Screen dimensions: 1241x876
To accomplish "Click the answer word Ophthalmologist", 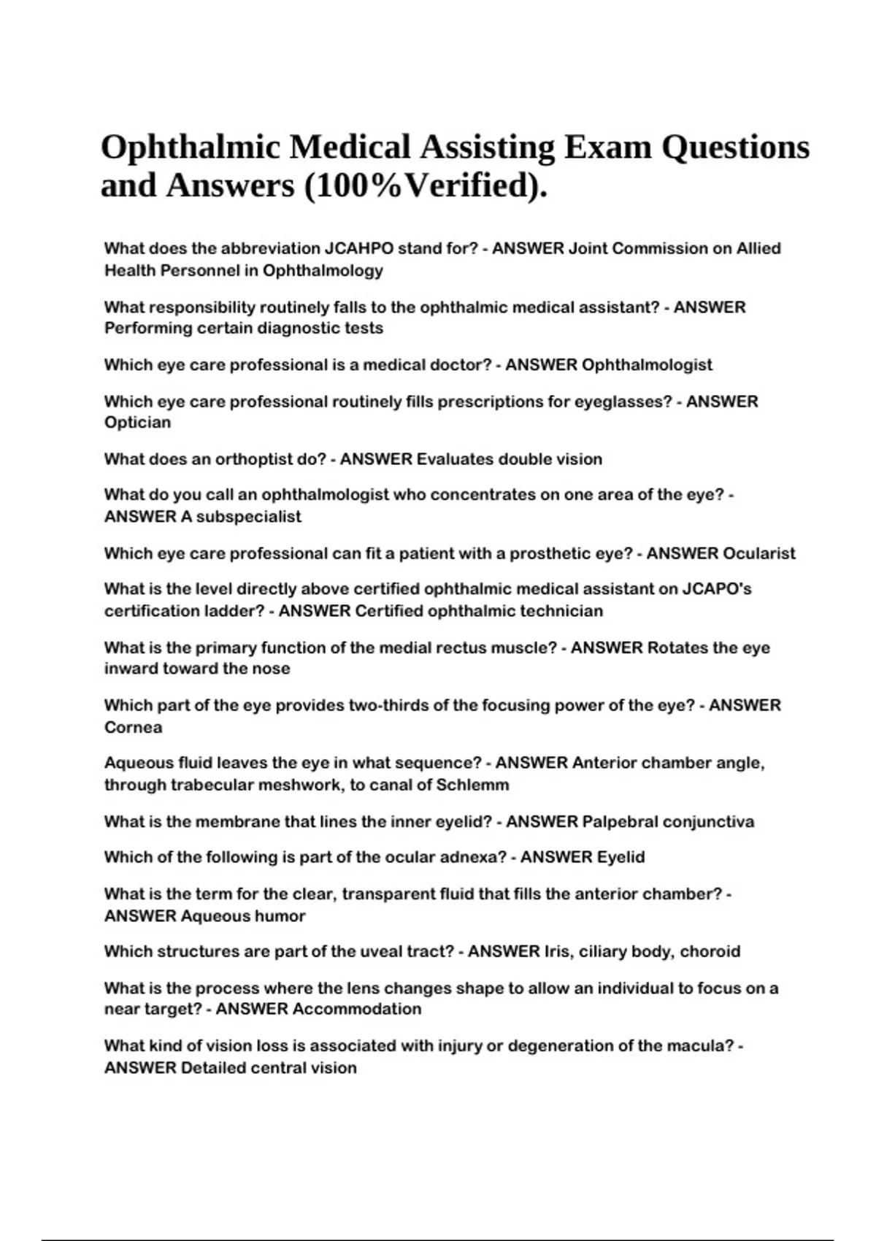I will tap(647, 365).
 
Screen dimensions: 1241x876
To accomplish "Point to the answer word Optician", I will tap(137, 423).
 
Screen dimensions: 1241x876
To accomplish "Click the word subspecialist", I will tap(248, 517).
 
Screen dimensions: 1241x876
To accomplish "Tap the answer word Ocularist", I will tap(759, 553).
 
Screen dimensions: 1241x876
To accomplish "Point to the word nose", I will tap(273, 669).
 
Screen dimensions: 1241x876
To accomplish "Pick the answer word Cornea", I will tap(133, 727).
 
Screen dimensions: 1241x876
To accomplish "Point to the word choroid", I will tap(710, 952).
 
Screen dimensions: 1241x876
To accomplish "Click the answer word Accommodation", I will tap(356, 1010).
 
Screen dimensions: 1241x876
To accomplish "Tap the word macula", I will tap(698, 1046).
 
